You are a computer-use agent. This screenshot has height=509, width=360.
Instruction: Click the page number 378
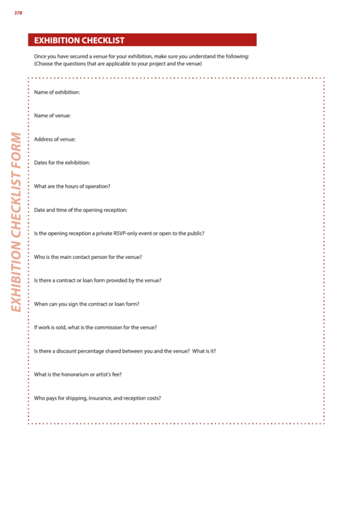click(18, 12)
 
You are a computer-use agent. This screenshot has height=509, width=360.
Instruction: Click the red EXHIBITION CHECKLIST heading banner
click(142, 40)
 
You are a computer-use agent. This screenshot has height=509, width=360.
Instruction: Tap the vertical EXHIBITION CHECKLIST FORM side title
click(16, 222)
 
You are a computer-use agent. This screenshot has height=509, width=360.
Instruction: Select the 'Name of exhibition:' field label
click(57, 92)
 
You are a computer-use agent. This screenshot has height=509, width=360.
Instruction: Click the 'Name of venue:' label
click(52, 116)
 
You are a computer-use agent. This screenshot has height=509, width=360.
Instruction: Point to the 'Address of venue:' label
click(54, 139)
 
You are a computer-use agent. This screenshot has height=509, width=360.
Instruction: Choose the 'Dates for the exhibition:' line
click(62, 162)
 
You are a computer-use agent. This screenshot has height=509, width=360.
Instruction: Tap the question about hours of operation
click(72, 186)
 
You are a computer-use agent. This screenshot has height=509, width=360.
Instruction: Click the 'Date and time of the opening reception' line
click(80, 210)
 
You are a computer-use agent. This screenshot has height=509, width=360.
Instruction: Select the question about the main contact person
click(88, 257)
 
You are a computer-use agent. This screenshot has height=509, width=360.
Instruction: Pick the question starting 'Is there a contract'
click(98, 280)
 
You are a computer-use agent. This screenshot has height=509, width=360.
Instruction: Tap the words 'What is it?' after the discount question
click(204, 351)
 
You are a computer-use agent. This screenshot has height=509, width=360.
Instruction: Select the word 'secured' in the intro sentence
click(75, 56)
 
